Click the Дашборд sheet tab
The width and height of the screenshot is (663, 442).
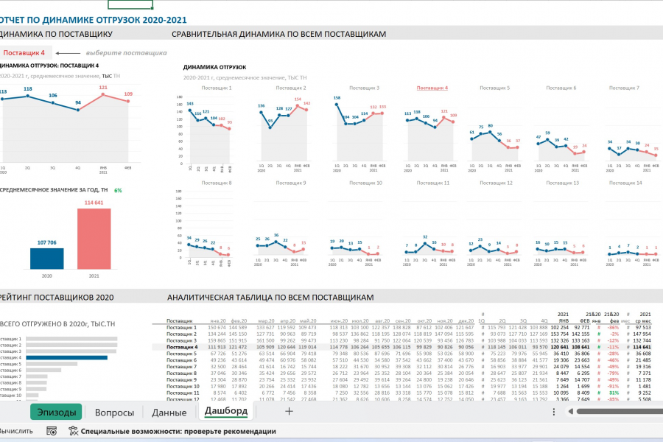226,410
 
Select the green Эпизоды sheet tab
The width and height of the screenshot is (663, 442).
55,413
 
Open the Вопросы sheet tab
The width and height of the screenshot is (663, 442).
114,413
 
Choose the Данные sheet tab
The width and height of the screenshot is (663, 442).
169,413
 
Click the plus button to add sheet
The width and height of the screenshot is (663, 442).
289,412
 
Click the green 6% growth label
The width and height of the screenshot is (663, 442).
118,191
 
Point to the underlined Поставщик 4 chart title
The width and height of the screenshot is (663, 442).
432,88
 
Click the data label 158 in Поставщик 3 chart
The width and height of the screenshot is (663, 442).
337,97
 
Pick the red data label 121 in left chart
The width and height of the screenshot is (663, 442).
103,87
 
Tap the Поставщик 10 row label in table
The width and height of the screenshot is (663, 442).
183,386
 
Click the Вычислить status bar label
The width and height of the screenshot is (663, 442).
15,431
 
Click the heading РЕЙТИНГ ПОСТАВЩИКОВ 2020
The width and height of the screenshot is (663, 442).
57,298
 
